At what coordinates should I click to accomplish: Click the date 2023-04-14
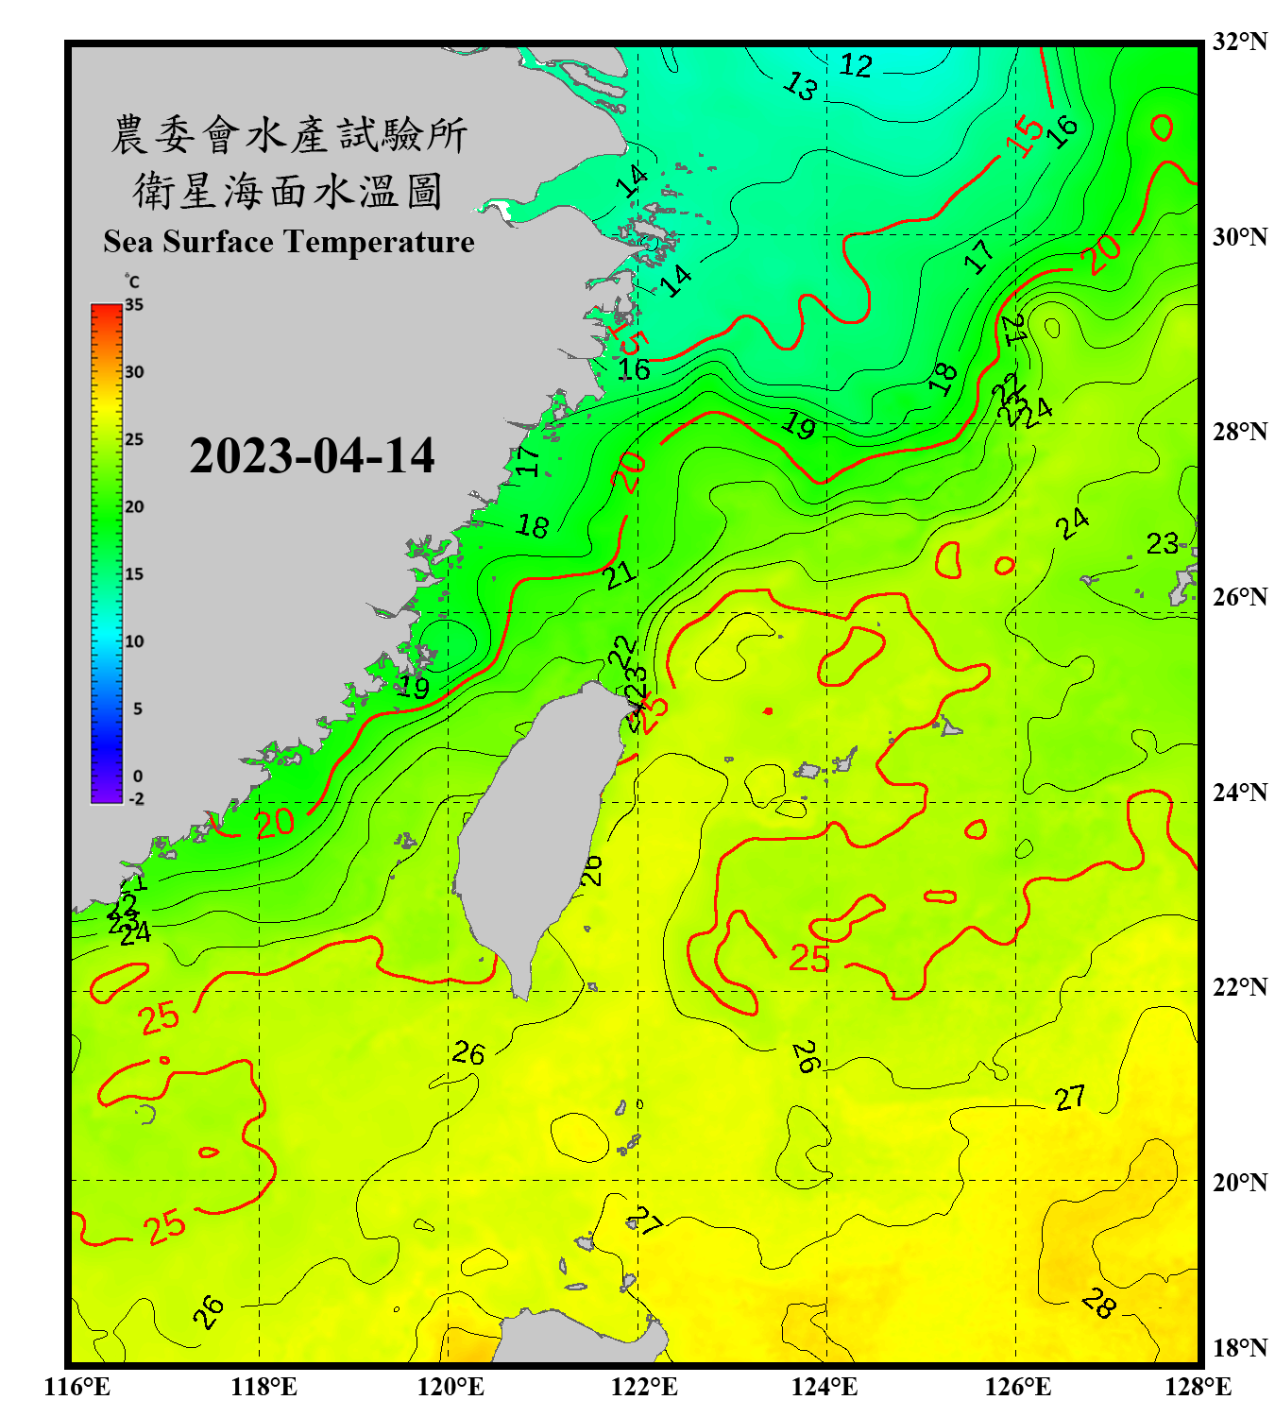312,456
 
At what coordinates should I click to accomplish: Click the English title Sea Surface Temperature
288,242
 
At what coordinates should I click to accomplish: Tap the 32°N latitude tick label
1239,42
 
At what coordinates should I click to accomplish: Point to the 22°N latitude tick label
1239,987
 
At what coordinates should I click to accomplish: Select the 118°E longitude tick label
263,1387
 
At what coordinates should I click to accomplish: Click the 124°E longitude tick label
824,1387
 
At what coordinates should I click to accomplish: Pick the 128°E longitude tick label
1198,1387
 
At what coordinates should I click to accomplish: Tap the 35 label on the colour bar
134,305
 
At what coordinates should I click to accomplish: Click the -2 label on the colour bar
136,799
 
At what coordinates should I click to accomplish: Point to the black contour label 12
856,65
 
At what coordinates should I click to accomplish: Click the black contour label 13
800,87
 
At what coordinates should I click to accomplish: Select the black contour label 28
1098,1304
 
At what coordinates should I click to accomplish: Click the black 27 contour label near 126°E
1069,1098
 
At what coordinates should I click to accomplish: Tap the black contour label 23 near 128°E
1162,543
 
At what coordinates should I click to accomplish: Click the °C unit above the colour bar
132,282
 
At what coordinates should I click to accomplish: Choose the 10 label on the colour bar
134,641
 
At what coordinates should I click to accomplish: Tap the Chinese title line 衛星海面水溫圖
288,192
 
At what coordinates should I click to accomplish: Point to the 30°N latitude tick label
1239,237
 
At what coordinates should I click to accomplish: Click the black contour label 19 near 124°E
799,427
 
